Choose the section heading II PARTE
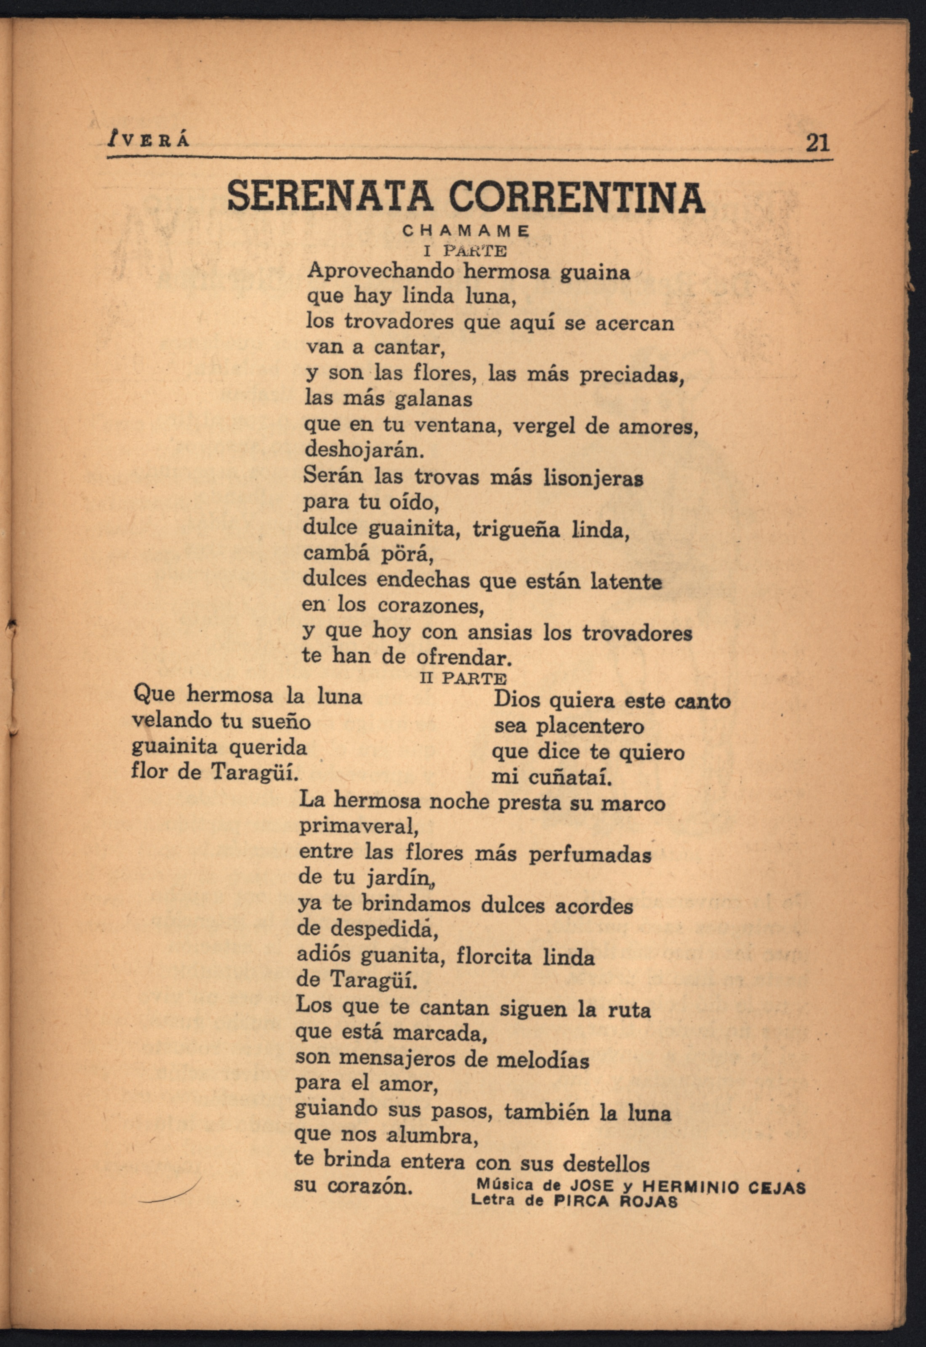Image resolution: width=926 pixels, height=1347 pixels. tap(463, 679)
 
